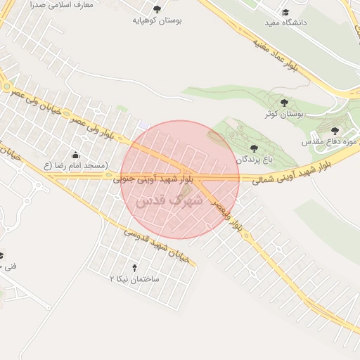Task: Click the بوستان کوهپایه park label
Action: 157,21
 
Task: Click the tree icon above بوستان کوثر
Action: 284,103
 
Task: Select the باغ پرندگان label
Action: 253,160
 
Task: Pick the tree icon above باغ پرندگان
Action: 253,148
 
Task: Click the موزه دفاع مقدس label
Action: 340,143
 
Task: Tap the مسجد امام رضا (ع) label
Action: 75,166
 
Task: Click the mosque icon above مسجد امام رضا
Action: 75,155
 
